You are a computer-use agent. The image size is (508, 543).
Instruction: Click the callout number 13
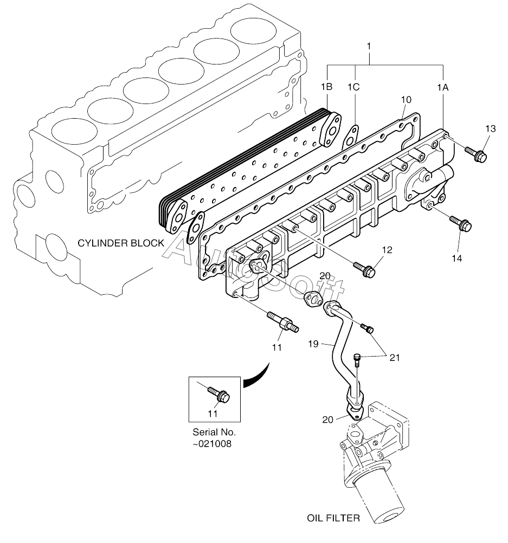click(x=490, y=128)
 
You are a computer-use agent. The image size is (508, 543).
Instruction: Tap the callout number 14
click(x=456, y=258)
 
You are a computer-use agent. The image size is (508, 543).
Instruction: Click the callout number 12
click(x=386, y=250)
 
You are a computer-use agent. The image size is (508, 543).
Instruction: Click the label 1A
click(x=443, y=86)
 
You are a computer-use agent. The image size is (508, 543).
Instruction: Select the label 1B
click(x=326, y=86)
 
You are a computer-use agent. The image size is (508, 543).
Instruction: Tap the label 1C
click(x=353, y=86)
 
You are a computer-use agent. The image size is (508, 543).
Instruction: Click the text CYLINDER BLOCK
click(x=120, y=243)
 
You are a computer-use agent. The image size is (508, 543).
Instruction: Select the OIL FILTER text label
click(x=333, y=518)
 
